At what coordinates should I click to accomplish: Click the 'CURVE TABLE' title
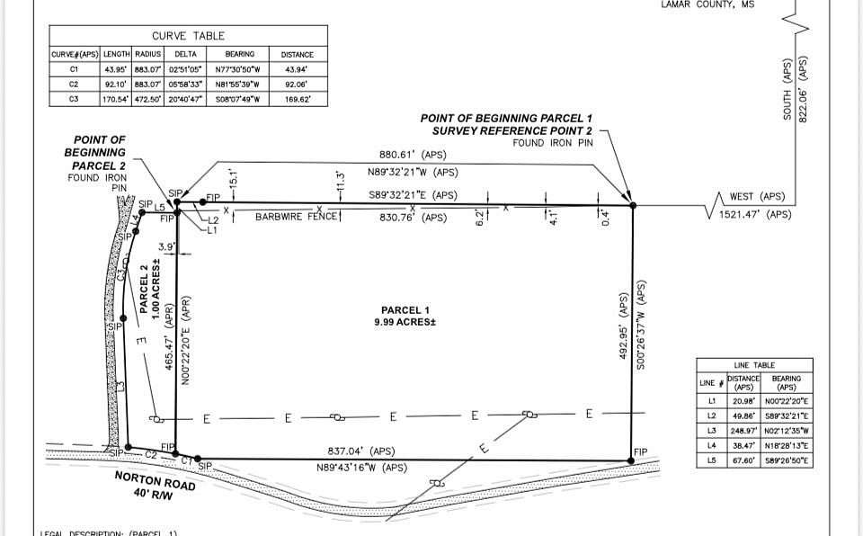tap(188, 36)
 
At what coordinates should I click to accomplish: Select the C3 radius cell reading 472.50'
tap(147, 99)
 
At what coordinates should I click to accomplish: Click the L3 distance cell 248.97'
tap(743, 431)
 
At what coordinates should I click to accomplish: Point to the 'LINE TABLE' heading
tap(754, 365)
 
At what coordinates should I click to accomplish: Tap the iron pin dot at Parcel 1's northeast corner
tap(633, 206)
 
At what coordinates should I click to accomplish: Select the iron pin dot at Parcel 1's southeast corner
tap(633, 460)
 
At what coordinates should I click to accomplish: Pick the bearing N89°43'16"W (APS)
tap(360, 468)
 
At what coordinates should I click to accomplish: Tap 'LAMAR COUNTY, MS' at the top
tap(707, 4)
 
